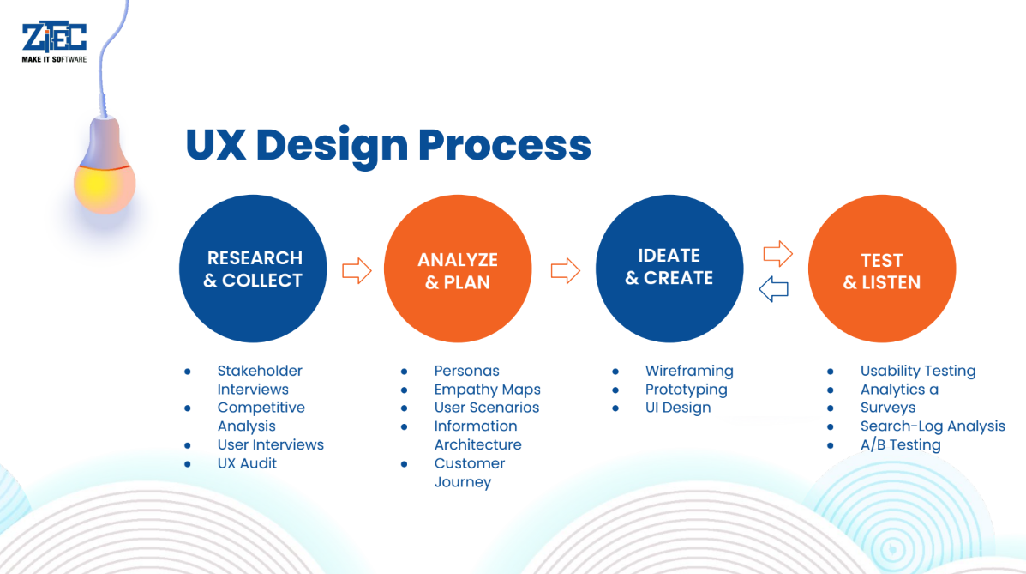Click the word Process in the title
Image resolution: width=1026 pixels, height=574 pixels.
pos(505,145)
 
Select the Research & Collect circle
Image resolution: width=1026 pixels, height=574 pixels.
pos(253,269)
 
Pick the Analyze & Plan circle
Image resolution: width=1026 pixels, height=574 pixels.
pos(458,269)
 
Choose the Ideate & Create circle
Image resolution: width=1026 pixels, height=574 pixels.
pos(669,269)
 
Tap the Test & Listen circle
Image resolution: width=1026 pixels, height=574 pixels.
pos(882,269)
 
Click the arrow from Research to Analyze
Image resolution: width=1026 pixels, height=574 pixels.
pos(357,270)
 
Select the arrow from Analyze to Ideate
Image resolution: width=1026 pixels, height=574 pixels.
pos(566,270)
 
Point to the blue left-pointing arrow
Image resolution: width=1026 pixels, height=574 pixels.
pos(773,289)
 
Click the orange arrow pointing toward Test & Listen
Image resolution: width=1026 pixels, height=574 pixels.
pos(778,254)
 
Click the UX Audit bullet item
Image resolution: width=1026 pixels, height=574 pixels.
pos(247,463)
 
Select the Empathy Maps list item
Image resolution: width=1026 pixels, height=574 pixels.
pos(488,390)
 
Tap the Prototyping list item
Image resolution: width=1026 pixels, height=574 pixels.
pos(687,390)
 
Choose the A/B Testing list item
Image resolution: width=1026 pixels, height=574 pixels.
pos(900,445)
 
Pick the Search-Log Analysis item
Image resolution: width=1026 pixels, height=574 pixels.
pos(933,426)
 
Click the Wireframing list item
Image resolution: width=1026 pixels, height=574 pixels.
pos(689,371)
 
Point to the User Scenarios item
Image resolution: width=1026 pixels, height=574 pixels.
pos(487,408)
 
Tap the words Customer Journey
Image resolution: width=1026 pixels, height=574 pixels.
pos(470,473)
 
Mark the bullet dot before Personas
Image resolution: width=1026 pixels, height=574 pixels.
pos(405,372)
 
